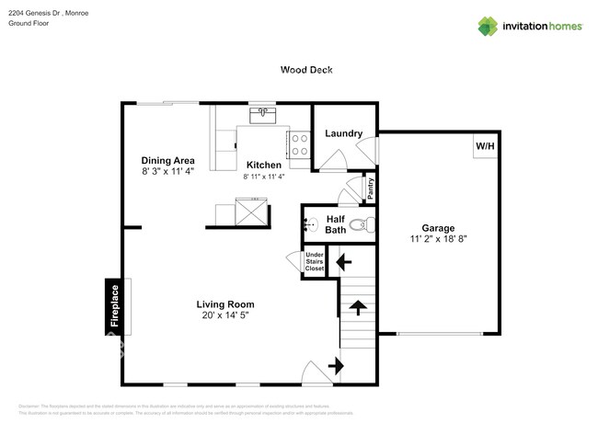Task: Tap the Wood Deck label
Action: (x=306, y=70)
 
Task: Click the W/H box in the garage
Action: (x=485, y=146)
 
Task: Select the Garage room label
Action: (x=438, y=227)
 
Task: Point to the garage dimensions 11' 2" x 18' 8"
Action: (x=438, y=239)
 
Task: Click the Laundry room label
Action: (x=343, y=133)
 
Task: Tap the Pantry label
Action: (x=371, y=189)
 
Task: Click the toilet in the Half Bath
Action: (x=366, y=223)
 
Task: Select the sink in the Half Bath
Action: (x=310, y=223)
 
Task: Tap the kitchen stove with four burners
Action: (x=298, y=144)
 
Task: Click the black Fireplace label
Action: (x=114, y=307)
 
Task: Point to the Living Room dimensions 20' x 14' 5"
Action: (x=224, y=315)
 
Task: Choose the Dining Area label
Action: (x=167, y=159)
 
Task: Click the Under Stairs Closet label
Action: (x=315, y=261)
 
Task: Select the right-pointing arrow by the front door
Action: (x=335, y=366)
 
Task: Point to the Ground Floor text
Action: (x=28, y=24)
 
